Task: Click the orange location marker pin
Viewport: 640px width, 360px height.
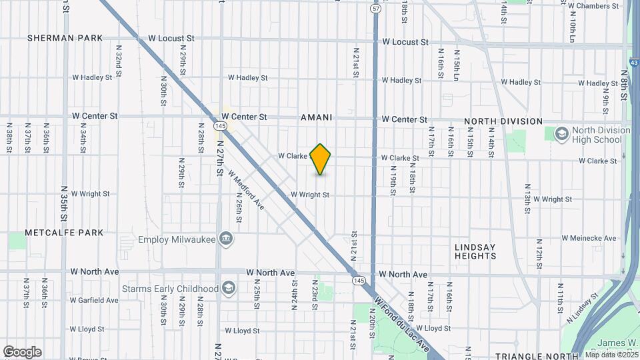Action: [321, 159]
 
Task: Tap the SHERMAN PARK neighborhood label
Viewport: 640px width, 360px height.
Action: [65, 38]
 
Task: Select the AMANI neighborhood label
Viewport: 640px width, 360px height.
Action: [316, 117]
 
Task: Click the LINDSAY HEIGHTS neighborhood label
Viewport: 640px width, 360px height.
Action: [475, 251]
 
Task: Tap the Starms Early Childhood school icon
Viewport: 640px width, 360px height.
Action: [229, 289]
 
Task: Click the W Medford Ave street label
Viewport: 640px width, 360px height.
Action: [246, 190]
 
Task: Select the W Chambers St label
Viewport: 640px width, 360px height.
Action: [593, 6]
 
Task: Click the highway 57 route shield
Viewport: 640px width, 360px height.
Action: [376, 9]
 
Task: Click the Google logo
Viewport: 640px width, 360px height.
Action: [22, 351]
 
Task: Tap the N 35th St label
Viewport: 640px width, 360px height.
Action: [65, 203]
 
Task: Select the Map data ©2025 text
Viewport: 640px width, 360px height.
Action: [611, 355]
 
